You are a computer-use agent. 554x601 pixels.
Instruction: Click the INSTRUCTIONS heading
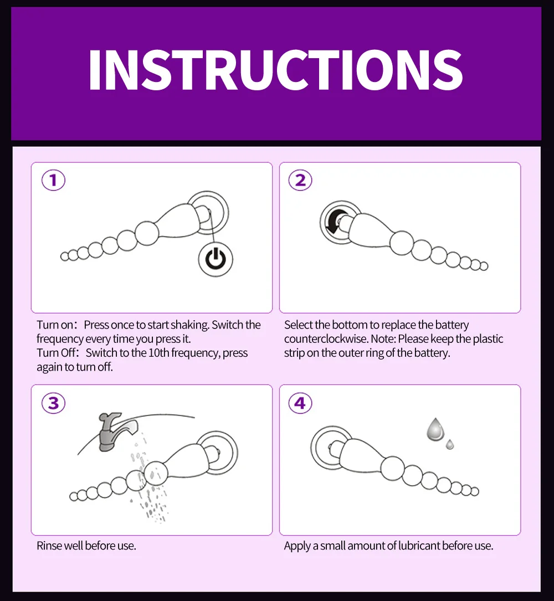pyautogui.click(x=276, y=70)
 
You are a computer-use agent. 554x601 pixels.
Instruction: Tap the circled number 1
pyautogui.click(x=53, y=180)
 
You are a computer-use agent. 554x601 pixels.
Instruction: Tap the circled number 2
pyautogui.click(x=300, y=180)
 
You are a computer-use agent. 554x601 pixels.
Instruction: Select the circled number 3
pyautogui.click(x=53, y=403)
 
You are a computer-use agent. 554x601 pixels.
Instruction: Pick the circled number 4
pyautogui.click(x=300, y=403)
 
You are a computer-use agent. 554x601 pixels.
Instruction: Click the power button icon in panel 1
pyautogui.click(x=216, y=259)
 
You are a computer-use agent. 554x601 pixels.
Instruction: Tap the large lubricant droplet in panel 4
pyautogui.click(x=435, y=429)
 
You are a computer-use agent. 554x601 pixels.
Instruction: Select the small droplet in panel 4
pyautogui.click(x=450, y=445)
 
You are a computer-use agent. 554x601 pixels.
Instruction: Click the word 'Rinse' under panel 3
pyautogui.click(x=49, y=546)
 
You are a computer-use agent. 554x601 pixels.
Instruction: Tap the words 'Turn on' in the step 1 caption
pyautogui.click(x=55, y=325)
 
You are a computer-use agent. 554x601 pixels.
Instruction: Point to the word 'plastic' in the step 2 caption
pyautogui.click(x=488, y=339)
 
